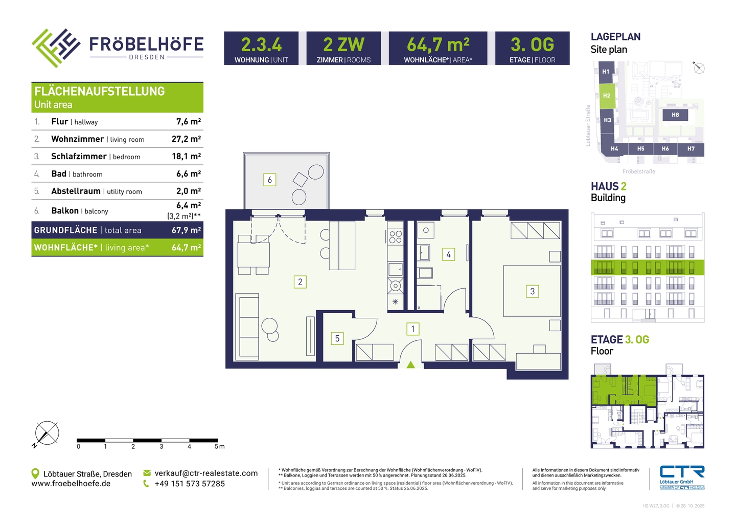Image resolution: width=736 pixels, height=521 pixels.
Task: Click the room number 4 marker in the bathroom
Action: coord(449,254)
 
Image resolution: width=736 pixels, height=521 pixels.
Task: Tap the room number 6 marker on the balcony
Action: coord(270,180)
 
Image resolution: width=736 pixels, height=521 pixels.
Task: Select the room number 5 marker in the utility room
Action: coord(337,338)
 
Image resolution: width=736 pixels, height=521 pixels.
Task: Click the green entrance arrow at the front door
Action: coord(411,364)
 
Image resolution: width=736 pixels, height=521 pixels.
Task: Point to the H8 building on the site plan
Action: coord(675,115)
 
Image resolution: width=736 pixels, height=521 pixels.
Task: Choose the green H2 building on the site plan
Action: coord(607,96)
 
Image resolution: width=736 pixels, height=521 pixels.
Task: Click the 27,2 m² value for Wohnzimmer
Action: coord(186,139)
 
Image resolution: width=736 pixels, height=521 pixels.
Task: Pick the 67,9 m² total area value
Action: coord(186,230)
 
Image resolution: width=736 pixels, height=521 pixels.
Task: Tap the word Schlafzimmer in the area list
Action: coord(79,156)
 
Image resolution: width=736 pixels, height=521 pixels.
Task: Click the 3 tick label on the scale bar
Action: coord(162,447)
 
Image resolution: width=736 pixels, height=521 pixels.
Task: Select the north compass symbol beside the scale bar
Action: coord(47,433)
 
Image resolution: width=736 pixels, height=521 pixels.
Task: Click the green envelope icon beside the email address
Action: coord(147,473)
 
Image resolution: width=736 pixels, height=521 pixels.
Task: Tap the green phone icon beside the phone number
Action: coord(146,484)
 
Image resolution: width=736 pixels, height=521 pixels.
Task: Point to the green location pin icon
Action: coord(35,473)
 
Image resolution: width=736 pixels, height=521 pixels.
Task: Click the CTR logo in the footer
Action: coord(682,477)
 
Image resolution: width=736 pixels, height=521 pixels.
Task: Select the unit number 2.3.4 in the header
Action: coord(262,45)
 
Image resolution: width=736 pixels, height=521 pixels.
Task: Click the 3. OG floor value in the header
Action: coord(532,45)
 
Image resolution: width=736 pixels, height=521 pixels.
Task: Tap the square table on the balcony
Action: coord(301,180)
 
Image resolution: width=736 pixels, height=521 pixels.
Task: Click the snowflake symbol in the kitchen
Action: coord(395,301)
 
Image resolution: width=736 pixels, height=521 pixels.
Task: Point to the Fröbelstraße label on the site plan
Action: coord(639,171)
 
